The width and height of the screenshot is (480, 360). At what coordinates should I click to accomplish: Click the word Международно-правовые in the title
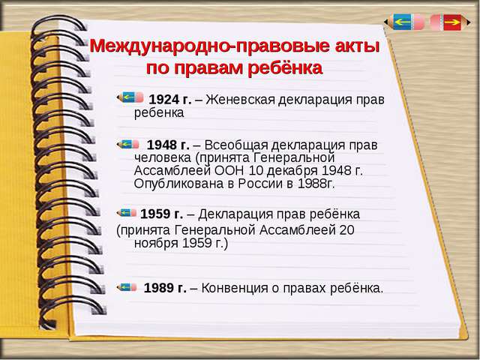(190, 46)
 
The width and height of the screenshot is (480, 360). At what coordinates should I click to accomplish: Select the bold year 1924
(165, 99)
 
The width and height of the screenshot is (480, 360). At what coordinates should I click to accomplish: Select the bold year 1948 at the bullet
(160, 144)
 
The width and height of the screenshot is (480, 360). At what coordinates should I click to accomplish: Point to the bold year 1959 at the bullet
(156, 213)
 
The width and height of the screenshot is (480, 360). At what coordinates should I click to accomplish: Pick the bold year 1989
(159, 287)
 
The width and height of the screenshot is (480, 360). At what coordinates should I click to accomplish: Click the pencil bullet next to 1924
(130, 97)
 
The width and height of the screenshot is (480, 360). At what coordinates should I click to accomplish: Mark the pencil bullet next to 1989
(127, 286)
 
